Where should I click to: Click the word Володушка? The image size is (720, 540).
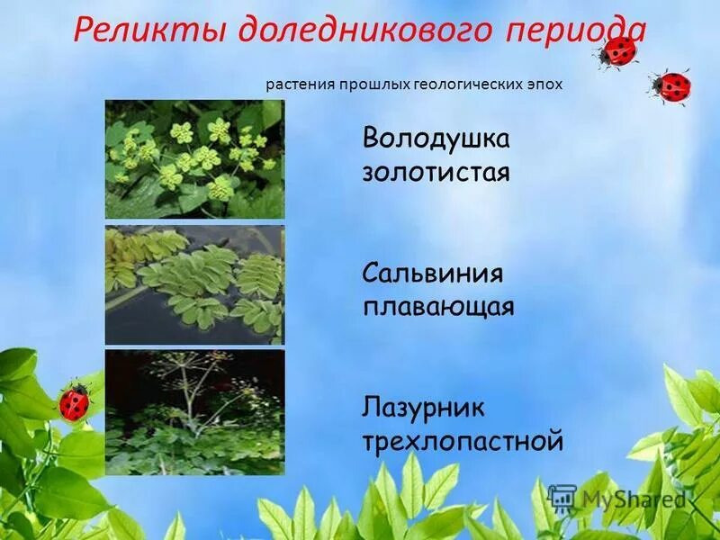click(436, 141)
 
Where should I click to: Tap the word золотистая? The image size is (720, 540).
click(436, 171)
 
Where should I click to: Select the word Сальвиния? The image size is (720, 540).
click(433, 274)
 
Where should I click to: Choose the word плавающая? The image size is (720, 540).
click(438, 306)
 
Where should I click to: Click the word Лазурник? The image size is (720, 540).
click(424, 409)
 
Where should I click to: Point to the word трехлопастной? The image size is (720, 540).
click(463, 441)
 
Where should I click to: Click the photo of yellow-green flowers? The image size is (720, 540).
click(194, 159)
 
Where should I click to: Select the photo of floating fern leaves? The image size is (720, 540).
click(194, 285)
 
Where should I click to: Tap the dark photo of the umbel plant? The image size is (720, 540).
click(194, 412)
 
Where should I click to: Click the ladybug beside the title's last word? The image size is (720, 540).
click(617, 51)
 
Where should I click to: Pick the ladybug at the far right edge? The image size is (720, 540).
click(671, 86)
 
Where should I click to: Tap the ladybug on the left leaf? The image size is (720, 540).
click(75, 401)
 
